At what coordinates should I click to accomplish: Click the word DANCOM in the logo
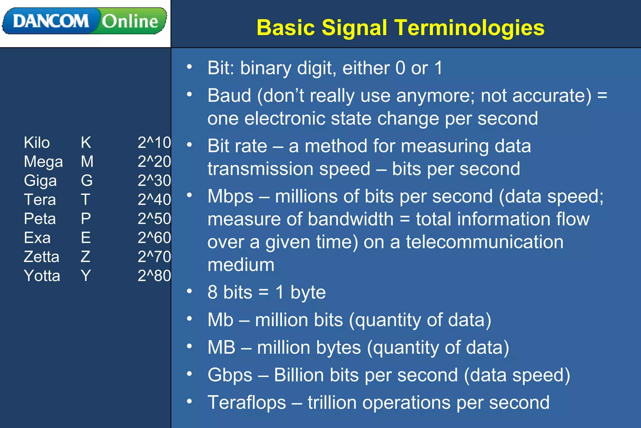[x=51, y=21]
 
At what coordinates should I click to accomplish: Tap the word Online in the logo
[x=130, y=21]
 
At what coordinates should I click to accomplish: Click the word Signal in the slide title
[x=354, y=28]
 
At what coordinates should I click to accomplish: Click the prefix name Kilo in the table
[x=37, y=143]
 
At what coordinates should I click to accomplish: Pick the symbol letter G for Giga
[x=87, y=181]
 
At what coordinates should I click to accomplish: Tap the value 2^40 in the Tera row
[x=154, y=200]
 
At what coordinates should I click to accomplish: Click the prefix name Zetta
[x=41, y=257]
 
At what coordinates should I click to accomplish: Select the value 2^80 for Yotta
[x=154, y=276]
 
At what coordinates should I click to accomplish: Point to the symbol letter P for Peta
[x=86, y=219]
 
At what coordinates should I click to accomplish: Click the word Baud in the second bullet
[x=229, y=96]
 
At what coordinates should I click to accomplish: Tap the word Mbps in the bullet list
[x=230, y=196]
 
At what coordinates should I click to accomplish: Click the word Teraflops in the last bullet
[x=247, y=403]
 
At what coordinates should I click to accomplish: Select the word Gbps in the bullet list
[x=230, y=375]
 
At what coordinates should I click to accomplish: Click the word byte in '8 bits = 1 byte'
[x=308, y=293]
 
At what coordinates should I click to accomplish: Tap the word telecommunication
[x=485, y=242]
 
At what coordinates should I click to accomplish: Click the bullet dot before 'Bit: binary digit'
[x=189, y=67]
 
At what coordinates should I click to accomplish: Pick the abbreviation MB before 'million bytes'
[x=221, y=347]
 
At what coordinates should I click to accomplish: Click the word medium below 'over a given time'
[x=241, y=265]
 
